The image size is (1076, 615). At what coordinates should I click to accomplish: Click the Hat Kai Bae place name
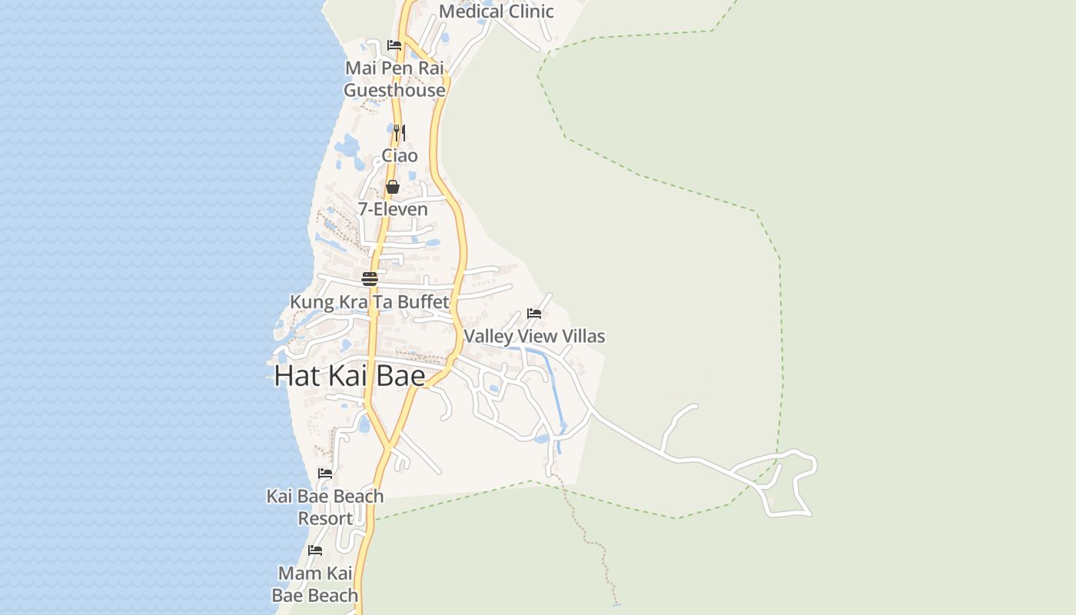tap(350, 376)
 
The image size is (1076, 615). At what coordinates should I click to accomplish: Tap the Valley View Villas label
tap(534, 336)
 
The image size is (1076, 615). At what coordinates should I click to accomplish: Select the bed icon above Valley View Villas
tap(534, 314)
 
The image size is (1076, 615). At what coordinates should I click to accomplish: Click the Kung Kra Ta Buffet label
tap(369, 302)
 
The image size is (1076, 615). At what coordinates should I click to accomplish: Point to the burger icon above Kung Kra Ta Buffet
tap(370, 278)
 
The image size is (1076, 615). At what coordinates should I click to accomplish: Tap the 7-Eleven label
tap(393, 209)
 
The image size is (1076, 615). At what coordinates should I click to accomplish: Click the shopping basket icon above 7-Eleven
tap(393, 187)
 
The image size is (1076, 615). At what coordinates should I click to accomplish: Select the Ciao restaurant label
tap(400, 156)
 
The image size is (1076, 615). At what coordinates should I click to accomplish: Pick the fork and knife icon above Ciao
tap(400, 133)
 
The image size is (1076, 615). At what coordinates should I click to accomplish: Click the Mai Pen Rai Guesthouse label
tap(394, 79)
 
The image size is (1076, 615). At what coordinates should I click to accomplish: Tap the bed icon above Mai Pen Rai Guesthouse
tap(394, 45)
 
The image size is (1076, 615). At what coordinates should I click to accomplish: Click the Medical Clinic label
tap(496, 12)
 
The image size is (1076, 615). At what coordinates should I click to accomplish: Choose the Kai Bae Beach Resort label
tap(325, 507)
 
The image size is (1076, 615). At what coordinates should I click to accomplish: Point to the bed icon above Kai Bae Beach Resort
tap(325, 474)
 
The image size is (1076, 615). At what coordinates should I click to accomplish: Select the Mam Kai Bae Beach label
tap(315, 584)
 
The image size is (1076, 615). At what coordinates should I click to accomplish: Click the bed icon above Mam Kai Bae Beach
tap(315, 550)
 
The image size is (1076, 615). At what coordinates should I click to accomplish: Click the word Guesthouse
tap(394, 91)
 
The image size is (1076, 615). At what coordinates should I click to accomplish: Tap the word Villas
tap(580, 336)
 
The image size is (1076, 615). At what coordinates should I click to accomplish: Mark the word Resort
tap(325, 519)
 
